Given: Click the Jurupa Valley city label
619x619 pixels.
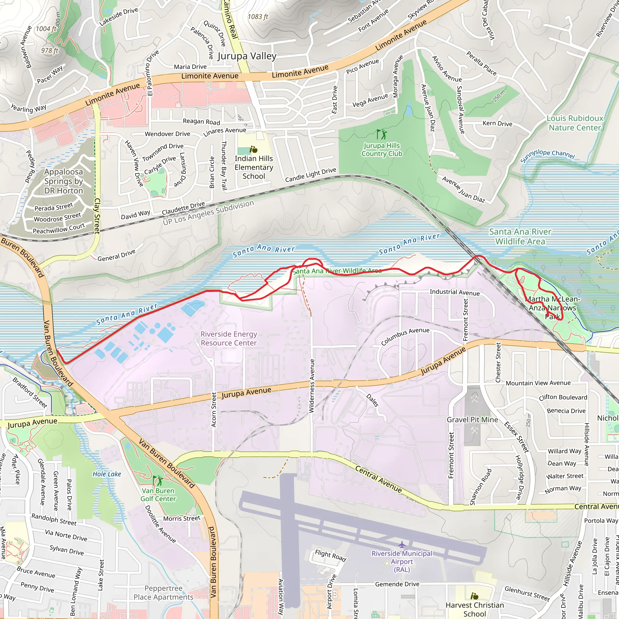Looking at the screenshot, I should click(x=247, y=56).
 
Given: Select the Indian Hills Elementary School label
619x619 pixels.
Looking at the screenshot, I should click(x=254, y=167).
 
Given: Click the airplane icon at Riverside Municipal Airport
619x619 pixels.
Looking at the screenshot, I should click(x=402, y=545).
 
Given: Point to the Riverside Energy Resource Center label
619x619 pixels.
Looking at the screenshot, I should click(x=228, y=338).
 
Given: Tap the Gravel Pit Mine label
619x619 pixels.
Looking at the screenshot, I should click(x=472, y=420).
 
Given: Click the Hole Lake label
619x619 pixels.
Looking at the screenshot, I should click(x=107, y=474).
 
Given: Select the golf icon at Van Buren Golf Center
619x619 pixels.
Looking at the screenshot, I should click(x=158, y=481).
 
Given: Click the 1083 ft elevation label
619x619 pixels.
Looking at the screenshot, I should click(x=258, y=17).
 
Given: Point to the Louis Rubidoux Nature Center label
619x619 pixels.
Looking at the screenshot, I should click(x=575, y=123).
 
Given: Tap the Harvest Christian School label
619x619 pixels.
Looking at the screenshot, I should click(x=475, y=609).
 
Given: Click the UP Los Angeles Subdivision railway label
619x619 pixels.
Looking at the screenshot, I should click(x=208, y=213).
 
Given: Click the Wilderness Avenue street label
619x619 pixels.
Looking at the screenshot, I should click(x=312, y=386).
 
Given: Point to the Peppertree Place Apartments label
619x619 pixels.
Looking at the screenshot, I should click(x=164, y=592).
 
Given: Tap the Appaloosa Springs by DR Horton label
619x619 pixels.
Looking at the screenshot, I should click(x=63, y=181).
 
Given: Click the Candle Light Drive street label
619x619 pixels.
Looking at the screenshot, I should click(x=310, y=175).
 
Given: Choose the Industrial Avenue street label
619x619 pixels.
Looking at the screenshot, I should click(x=455, y=292).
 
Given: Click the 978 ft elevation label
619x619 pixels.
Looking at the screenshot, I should click(x=50, y=50).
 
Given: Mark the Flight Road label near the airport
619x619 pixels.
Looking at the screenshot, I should click(x=330, y=555).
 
